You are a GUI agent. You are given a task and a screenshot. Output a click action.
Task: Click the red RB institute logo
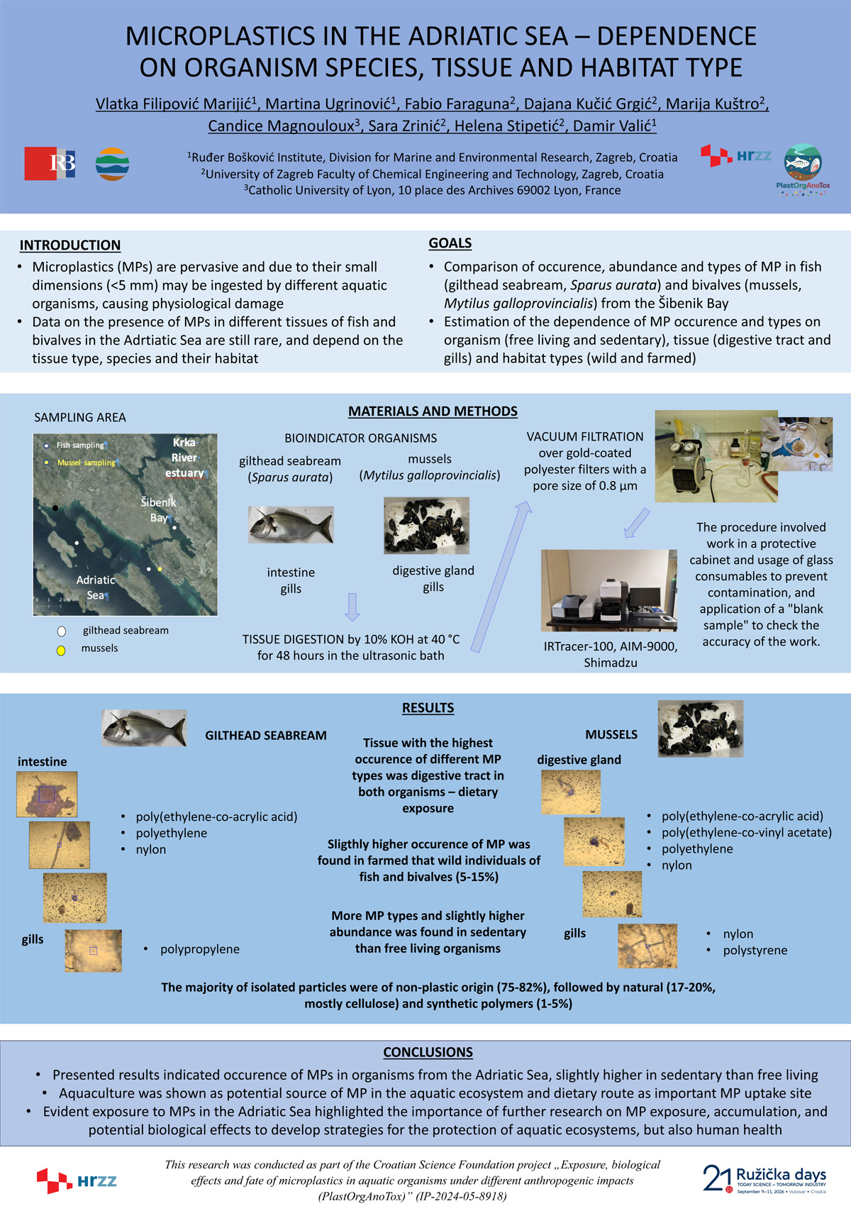pyautogui.click(x=50, y=163)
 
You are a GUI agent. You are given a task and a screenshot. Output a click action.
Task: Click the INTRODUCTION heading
pyautogui.click(x=70, y=245)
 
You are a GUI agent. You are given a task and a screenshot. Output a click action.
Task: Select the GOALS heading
pyautogui.click(x=450, y=243)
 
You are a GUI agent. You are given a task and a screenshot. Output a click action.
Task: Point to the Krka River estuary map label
pyautogui.click(x=185, y=458)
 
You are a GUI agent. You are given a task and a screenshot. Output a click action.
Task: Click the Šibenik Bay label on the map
pyautogui.click(x=158, y=510)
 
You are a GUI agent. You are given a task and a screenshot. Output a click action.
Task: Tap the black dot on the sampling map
pyautogui.click(x=55, y=508)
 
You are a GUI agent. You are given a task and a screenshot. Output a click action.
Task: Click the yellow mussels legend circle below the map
pyautogui.click(x=61, y=651)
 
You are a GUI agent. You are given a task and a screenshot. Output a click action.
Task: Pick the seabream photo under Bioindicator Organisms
pyautogui.click(x=291, y=525)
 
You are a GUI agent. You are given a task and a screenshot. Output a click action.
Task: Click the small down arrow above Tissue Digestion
pyautogui.click(x=352, y=607)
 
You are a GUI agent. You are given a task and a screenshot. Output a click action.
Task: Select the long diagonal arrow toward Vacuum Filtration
pyautogui.click(x=501, y=576)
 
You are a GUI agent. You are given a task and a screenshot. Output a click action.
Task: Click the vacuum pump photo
pyautogui.click(x=716, y=456)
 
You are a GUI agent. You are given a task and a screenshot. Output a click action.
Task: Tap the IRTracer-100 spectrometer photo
pyautogui.click(x=609, y=590)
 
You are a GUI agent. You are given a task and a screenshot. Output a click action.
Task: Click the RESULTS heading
pyautogui.click(x=428, y=707)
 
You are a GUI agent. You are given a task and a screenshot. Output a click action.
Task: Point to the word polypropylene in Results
pyautogui.click(x=200, y=949)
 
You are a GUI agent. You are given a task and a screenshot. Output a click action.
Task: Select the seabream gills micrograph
pyautogui.click(x=94, y=951)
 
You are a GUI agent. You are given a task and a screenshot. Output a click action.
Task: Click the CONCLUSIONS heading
pyautogui.click(x=428, y=1051)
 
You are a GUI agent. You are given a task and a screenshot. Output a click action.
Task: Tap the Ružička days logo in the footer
pyautogui.click(x=764, y=1178)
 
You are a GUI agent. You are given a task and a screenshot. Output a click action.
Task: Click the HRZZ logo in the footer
pyautogui.click(x=77, y=1181)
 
